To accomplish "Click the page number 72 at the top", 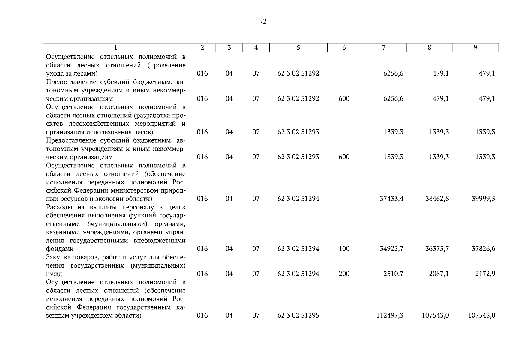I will [x=263, y=21].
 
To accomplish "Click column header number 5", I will [x=298, y=48].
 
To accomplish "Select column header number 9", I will [x=475, y=48].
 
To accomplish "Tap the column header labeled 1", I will [x=116, y=48].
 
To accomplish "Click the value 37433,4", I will [x=391, y=199].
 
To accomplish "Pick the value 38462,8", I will [x=437, y=199].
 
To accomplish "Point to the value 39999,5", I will [x=483, y=199].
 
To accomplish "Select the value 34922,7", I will [x=391, y=249].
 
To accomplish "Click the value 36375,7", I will [x=437, y=249].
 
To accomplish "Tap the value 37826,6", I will [x=483, y=249].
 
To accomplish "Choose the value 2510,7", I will [x=393, y=274].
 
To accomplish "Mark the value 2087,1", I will [x=439, y=274].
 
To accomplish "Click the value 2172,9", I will [x=485, y=274].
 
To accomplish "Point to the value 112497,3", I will [x=390, y=316].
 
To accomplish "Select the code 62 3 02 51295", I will [x=298, y=316].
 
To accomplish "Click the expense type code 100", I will [x=344, y=249].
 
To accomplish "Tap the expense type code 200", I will [x=344, y=274].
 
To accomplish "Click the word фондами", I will [x=60, y=249].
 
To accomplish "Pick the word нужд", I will [x=54, y=274].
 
